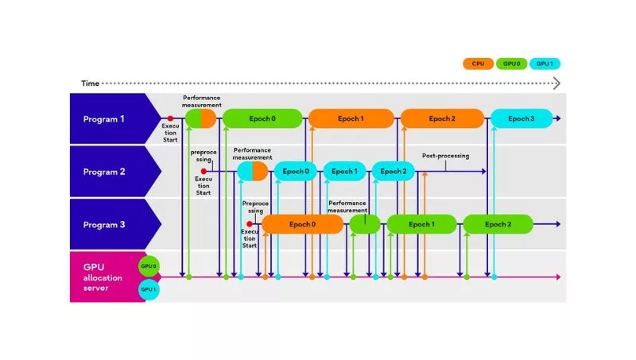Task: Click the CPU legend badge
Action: click(x=478, y=63)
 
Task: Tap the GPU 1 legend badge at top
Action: click(x=545, y=63)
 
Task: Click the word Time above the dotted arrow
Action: click(x=90, y=83)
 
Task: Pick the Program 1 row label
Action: click(x=105, y=119)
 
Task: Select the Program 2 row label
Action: click(x=105, y=171)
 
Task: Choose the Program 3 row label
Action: click(x=105, y=224)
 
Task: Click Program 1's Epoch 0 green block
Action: click(x=262, y=118)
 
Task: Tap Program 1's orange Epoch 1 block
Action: click(x=351, y=118)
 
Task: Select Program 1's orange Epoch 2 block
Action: click(x=442, y=118)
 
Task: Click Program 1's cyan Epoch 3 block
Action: click(x=521, y=118)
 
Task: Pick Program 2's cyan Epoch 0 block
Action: click(x=295, y=171)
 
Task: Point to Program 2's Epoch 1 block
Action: click(x=344, y=171)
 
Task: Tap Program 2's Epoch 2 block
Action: click(x=394, y=171)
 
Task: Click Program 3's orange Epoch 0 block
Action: click(x=302, y=224)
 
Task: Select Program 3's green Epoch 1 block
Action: click(x=421, y=224)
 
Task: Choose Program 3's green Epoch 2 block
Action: click(x=498, y=224)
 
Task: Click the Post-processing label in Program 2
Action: click(x=445, y=156)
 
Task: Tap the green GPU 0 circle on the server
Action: click(x=148, y=265)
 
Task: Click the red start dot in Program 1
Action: click(x=170, y=118)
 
